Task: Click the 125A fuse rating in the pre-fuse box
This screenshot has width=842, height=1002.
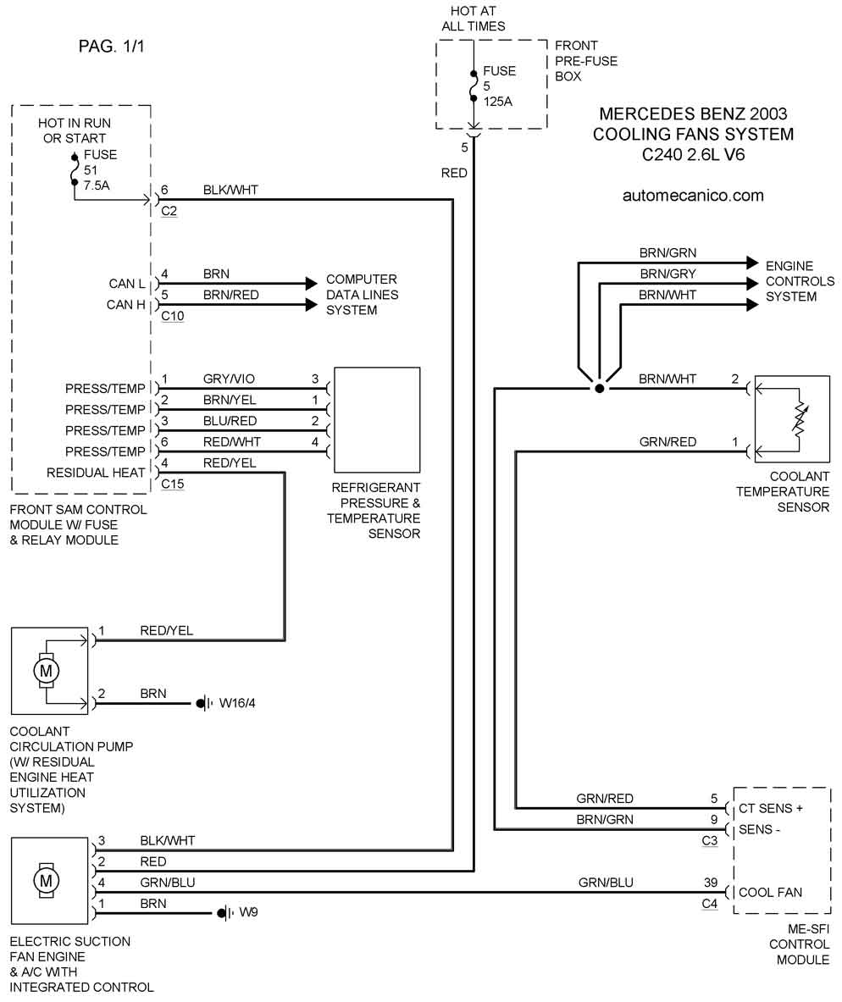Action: pyautogui.click(x=499, y=102)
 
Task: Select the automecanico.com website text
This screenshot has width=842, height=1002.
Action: pyautogui.click(x=693, y=196)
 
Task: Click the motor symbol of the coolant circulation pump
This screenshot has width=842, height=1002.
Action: pyautogui.click(x=46, y=670)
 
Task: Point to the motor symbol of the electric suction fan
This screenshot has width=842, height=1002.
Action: pyautogui.click(x=46, y=879)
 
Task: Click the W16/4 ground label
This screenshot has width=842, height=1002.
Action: pyautogui.click(x=237, y=703)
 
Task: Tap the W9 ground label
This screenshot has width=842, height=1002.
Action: pyautogui.click(x=248, y=913)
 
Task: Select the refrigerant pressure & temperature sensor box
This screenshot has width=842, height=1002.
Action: pyautogui.click(x=378, y=419)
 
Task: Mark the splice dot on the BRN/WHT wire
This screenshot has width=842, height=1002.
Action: pyautogui.click(x=599, y=389)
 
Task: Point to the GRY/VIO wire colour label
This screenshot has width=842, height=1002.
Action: pyautogui.click(x=230, y=379)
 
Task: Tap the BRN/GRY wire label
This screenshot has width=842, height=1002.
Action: pyautogui.click(x=668, y=274)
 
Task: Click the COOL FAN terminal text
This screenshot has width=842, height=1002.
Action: pyautogui.click(x=770, y=892)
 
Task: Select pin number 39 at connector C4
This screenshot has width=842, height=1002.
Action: pyautogui.click(x=711, y=883)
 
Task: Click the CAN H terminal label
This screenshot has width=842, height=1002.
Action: pyautogui.click(x=126, y=305)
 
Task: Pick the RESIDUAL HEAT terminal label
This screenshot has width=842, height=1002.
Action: pyautogui.click(x=96, y=473)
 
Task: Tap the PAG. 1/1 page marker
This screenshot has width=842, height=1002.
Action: pyautogui.click(x=112, y=47)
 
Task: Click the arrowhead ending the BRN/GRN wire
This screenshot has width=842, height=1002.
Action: pyautogui.click(x=751, y=263)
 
